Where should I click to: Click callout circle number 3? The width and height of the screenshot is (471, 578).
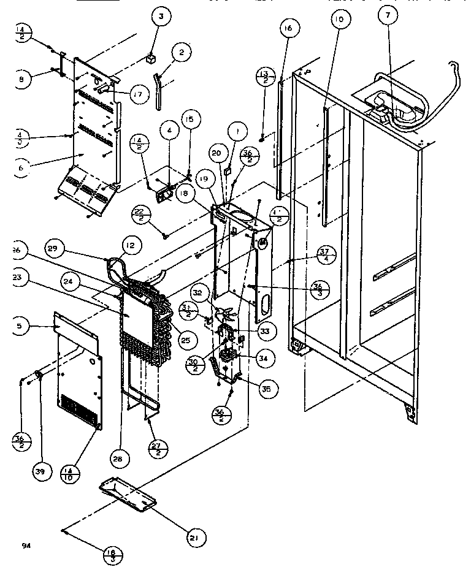coord(161,17)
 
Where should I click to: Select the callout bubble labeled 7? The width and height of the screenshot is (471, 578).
coord(388,17)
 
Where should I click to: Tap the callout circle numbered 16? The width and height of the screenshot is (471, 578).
coord(289,28)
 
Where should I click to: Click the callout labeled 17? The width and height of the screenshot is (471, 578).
coord(139,94)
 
